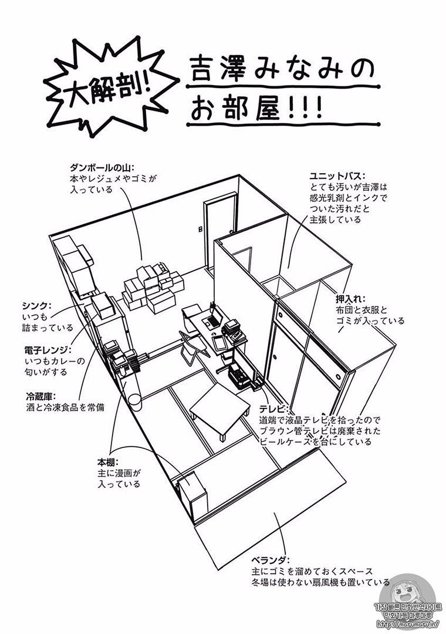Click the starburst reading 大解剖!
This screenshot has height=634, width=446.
click(109, 88)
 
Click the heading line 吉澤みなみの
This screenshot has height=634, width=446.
click(282, 69)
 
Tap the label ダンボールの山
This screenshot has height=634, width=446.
click(102, 167)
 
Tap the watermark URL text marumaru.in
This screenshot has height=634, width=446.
click(410, 625)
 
